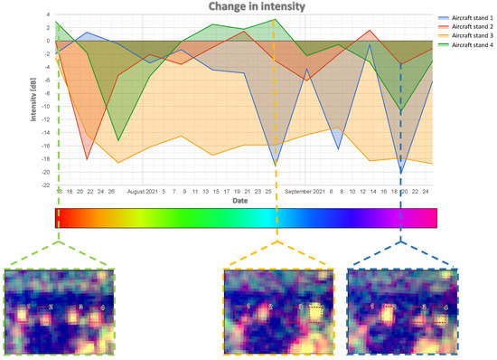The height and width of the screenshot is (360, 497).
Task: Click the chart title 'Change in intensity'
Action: point(248,6)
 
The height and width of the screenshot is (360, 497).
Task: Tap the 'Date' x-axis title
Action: point(239,201)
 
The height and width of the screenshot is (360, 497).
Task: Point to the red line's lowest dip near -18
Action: point(88,159)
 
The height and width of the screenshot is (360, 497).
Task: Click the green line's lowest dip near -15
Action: point(117,140)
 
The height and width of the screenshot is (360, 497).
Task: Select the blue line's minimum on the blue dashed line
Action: point(400,173)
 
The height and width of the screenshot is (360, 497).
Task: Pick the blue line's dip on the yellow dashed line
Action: point(276,166)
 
